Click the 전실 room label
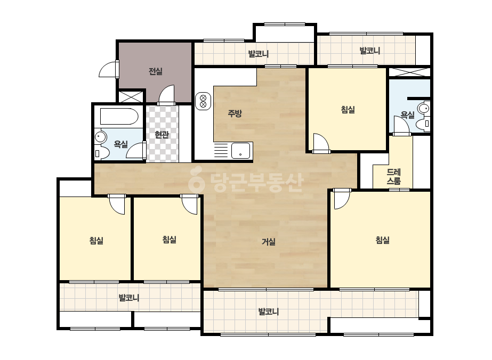[155, 71]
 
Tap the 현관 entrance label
[162, 135]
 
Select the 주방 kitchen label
[235, 113]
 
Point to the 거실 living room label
[269, 241]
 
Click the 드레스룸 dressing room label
[394, 177]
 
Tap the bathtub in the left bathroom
[119, 116]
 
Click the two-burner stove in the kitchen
[203, 101]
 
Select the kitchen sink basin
[240, 151]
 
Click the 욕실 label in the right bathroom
[408, 115]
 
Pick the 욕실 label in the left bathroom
[120, 144]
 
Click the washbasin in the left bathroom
[101, 137]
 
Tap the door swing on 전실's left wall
[109, 69]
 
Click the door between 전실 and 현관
[166, 95]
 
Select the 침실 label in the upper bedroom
[348, 110]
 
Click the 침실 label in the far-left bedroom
[96, 241]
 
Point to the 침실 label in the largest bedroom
[383, 240]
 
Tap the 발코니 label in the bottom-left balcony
[129, 298]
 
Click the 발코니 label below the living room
[269, 312]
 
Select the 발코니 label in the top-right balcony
[369, 51]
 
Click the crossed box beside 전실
[131, 96]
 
